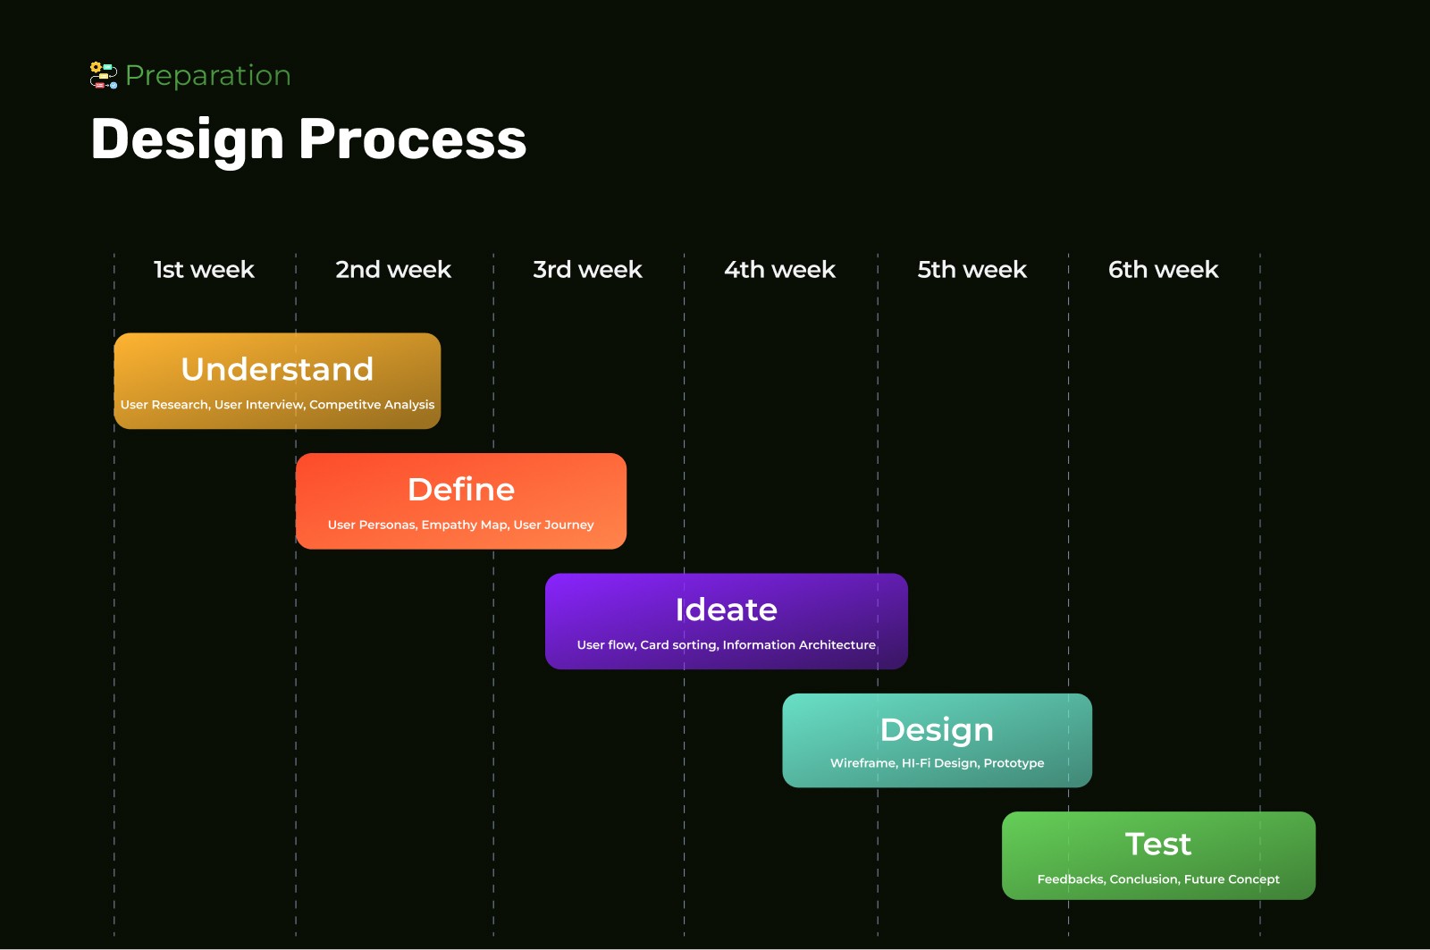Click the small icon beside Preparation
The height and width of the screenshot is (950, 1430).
tap(104, 76)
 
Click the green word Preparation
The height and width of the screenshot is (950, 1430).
tap(208, 76)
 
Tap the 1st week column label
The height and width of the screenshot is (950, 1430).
tap(204, 270)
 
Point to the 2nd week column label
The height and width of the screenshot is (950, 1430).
tap(393, 270)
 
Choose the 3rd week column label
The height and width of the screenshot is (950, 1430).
tap(587, 270)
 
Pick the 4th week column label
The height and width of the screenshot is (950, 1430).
tap(779, 270)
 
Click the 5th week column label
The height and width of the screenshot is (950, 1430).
tap(972, 270)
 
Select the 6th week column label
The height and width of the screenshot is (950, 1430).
tap(1163, 270)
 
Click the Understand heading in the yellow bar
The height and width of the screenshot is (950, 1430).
tap(277, 369)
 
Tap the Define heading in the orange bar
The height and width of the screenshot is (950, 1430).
tap(461, 490)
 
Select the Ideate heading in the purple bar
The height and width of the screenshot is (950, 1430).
tap(726, 610)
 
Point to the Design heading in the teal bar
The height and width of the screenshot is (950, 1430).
tap(937, 730)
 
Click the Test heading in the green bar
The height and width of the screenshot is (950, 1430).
tap(1158, 845)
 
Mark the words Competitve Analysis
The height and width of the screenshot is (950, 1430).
tap(372, 405)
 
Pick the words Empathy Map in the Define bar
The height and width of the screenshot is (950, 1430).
tap(464, 525)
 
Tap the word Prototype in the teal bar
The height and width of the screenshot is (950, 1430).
tap(1014, 763)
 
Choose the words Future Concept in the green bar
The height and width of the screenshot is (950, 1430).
tap(1232, 879)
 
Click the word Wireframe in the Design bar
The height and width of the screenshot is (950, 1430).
tap(862, 763)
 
